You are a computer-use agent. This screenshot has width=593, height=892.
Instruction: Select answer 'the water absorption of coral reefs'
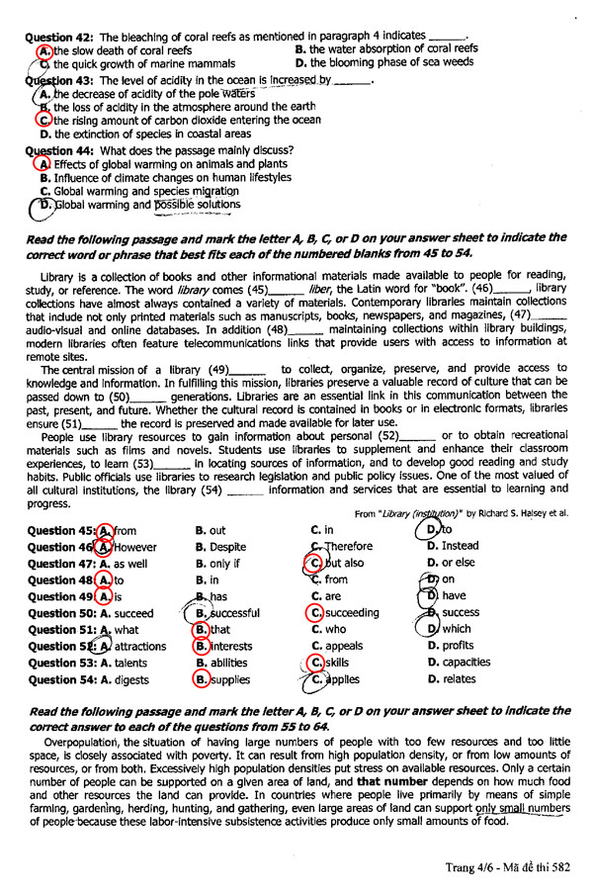coord(393,47)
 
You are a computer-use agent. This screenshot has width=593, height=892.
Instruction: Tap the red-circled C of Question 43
coord(42,120)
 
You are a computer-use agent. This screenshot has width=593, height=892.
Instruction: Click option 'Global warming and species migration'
coord(132,191)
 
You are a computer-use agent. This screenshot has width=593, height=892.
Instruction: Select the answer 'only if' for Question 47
coord(223,563)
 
